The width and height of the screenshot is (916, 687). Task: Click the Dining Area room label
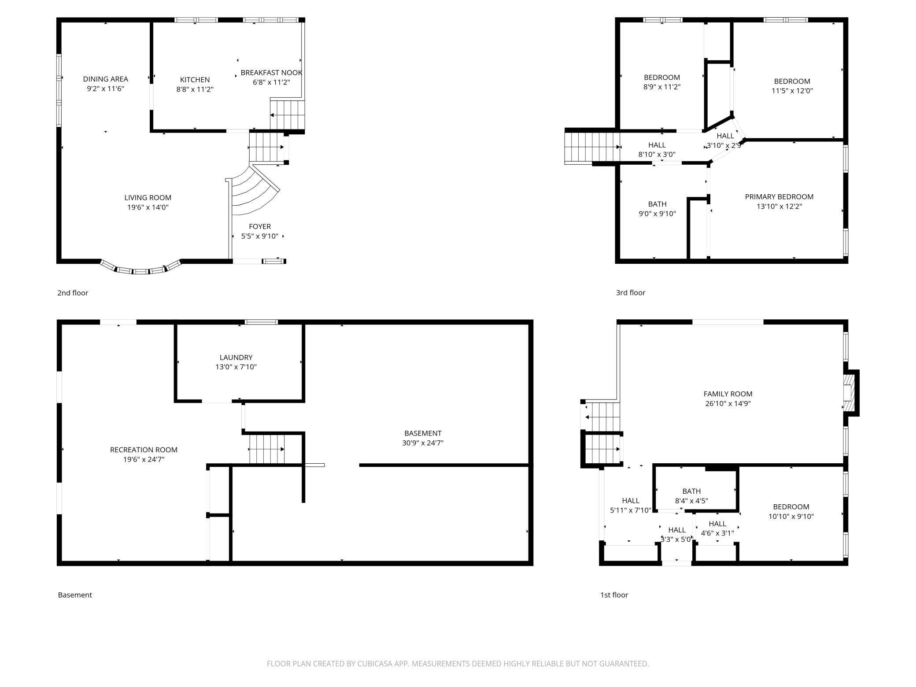coord(106,79)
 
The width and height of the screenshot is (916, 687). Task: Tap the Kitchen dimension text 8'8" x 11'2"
coord(195,89)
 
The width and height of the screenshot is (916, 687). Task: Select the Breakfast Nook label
coord(271,73)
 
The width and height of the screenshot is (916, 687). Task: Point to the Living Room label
coord(148,198)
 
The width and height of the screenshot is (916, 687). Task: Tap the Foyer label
coord(260,226)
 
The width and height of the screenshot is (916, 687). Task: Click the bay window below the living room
coord(141,267)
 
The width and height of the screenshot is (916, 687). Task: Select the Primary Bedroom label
coord(779,197)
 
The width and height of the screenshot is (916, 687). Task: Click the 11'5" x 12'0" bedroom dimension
coord(792,91)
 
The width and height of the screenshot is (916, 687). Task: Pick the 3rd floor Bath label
coord(657,204)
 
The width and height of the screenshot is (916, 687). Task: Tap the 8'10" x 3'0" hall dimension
coord(657,155)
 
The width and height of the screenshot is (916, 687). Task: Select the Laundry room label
coord(236,358)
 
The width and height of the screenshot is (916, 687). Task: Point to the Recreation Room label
coord(144,450)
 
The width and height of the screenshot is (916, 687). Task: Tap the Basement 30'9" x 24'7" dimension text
coord(423,443)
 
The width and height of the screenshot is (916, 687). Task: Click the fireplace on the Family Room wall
coord(851,393)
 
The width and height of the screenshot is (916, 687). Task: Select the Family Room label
coord(728,394)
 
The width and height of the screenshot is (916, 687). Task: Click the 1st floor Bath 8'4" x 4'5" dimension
coord(691,501)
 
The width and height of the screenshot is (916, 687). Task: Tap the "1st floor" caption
coord(614,595)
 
